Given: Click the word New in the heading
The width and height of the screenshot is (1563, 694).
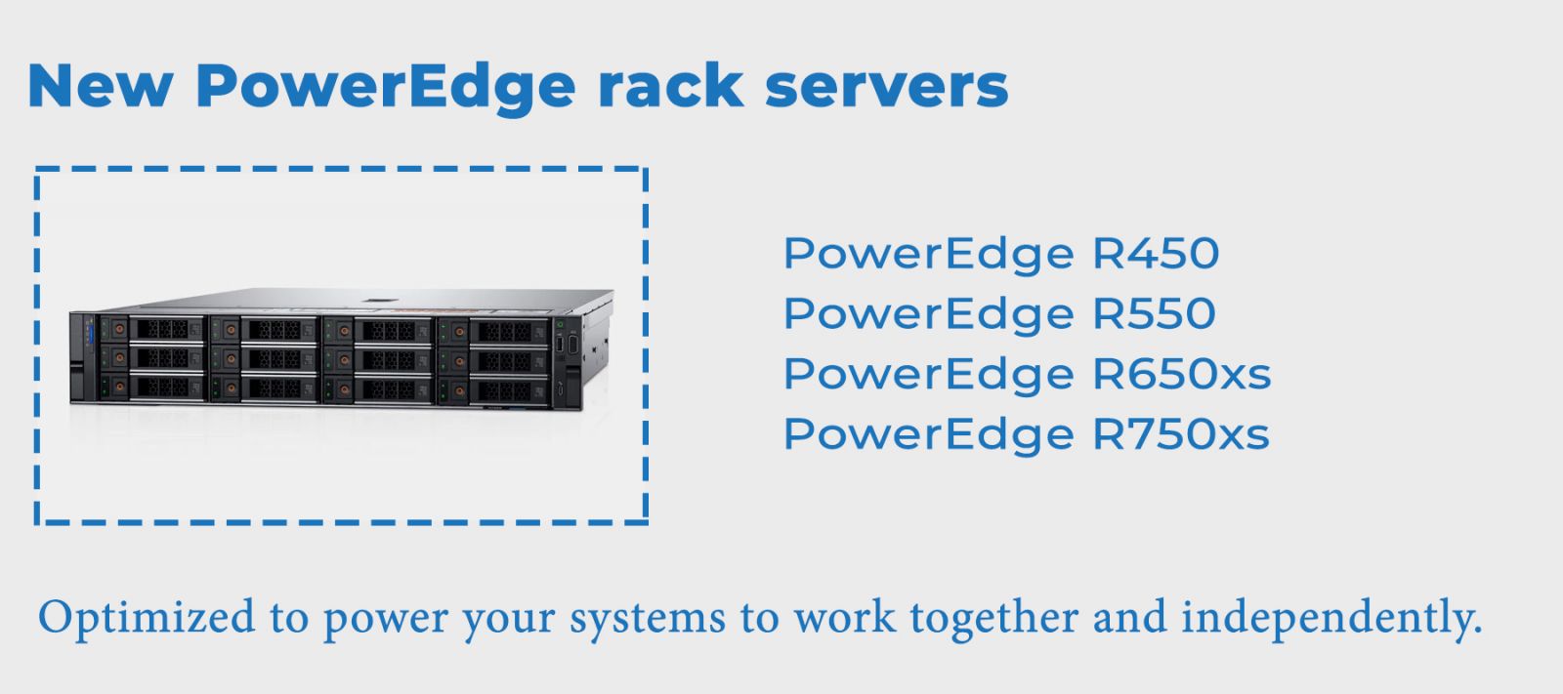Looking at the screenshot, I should point(100,86).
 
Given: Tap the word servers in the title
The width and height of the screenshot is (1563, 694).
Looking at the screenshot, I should point(886,86).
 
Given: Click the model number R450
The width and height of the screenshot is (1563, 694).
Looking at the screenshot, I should point(1156,254).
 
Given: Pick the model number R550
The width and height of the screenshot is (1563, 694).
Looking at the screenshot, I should point(1154,314).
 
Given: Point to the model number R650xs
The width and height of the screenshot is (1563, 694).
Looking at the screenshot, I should point(1181,375).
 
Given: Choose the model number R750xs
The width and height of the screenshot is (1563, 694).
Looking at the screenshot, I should point(1180,435).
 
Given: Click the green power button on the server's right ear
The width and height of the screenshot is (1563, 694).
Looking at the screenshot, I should point(561,323).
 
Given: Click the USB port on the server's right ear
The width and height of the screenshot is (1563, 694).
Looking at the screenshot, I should point(560,344).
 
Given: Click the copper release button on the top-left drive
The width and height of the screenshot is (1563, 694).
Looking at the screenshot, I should point(119,329).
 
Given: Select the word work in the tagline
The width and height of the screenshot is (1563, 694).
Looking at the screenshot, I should point(844,618).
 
